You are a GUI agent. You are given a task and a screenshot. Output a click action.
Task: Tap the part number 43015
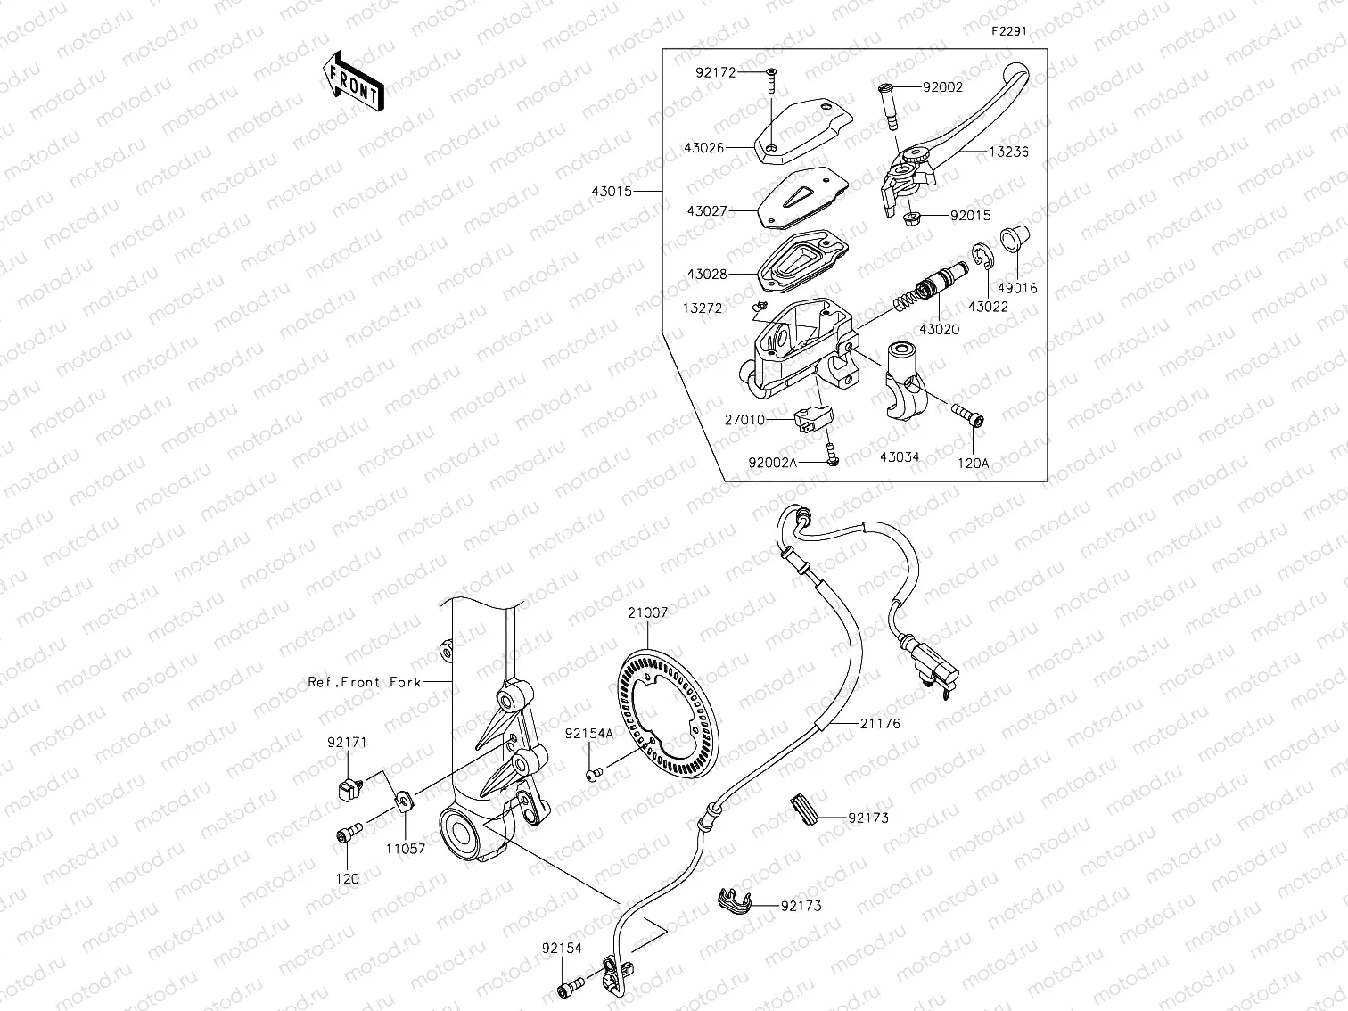tap(610, 191)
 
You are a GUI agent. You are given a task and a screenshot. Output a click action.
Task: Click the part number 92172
tap(716, 73)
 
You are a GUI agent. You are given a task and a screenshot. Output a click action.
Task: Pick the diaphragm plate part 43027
tap(799, 193)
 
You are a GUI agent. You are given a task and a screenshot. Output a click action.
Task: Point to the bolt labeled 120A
tap(967, 416)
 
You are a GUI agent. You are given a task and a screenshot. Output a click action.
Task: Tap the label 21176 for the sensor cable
tap(880, 724)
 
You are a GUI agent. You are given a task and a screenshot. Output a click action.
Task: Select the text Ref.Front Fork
tap(365, 682)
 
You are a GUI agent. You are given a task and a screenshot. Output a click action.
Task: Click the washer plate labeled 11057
tap(402, 799)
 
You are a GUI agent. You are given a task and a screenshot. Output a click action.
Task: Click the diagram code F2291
tap(1009, 30)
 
